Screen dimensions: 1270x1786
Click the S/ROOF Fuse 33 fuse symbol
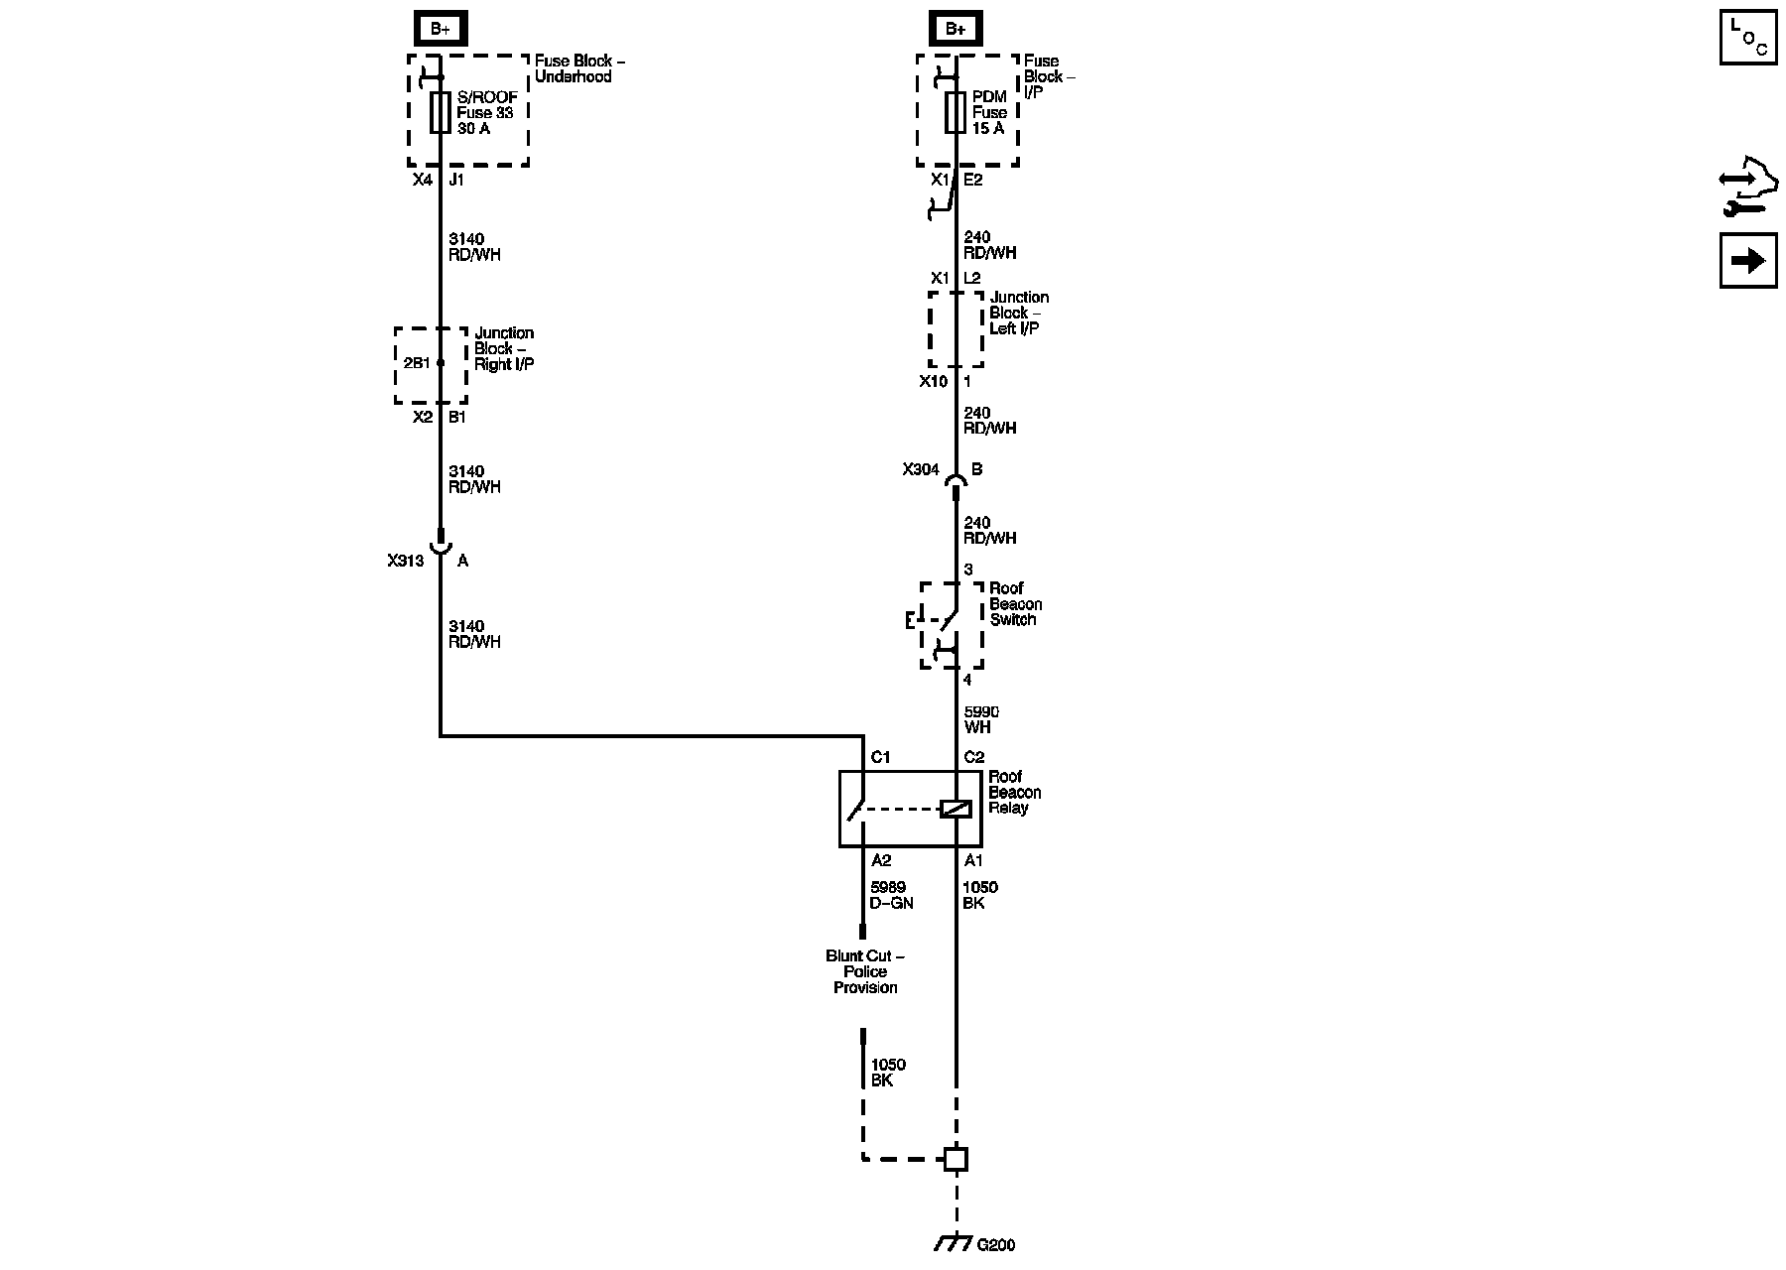click(441, 112)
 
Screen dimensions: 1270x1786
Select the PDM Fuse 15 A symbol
click(956, 112)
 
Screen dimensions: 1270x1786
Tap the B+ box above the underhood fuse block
click(440, 29)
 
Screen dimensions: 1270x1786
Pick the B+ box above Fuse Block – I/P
click(956, 29)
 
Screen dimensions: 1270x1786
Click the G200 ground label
click(995, 1245)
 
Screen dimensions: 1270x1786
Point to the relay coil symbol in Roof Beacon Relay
click(956, 810)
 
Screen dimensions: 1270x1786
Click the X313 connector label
click(406, 561)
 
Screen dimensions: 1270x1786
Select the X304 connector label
click(921, 469)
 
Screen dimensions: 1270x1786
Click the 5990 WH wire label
click(981, 719)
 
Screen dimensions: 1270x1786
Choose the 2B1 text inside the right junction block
click(417, 363)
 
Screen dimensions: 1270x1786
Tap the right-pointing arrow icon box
click(1748, 261)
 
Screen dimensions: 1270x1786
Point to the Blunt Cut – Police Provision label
click(865, 971)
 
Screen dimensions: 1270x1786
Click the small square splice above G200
click(956, 1158)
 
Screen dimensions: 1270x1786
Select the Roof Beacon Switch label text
click(1015, 603)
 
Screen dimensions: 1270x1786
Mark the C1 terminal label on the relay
click(880, 757)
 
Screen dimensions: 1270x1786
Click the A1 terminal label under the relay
click(973, 860)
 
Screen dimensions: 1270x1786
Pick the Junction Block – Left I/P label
click(1018, 313)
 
